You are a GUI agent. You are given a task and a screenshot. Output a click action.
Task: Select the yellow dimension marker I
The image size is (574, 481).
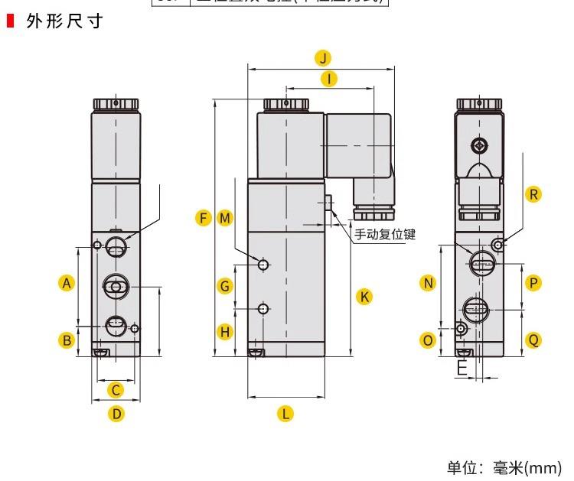pyautogui.click(x=328, y=78)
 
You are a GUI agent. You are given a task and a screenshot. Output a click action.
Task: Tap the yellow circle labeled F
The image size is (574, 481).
pyautogui.click(x=203, y=218)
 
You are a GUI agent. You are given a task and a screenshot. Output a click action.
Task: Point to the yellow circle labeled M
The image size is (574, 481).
pyautogui.click(x=224, y=218)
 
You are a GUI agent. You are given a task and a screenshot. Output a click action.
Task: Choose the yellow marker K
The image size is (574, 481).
pyautogui.click(x=365, y=296)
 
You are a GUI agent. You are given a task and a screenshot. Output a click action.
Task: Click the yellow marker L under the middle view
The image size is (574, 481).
pyautogui.click(x=285, y=414)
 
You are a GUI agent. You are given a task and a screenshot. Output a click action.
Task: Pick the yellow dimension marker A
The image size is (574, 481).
pyautogui.click(x=67, y=283)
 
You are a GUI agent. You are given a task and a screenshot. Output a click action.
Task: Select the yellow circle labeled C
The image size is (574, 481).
pyautogui.click(x=115, y=390)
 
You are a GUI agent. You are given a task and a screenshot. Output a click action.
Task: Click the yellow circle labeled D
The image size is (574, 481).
pyautogui.click(x=116, y=414)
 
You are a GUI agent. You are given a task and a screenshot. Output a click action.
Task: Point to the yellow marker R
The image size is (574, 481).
pyautogui.click(x=533, y=193)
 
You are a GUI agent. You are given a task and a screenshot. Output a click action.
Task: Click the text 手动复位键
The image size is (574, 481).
pyautogui.click(x=384, y=235)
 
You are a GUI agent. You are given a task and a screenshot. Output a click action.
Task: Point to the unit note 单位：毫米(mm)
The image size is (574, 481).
pyautogui.click(x=504, y=467)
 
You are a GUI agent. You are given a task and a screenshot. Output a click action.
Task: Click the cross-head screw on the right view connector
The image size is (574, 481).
pyautogui.click(x=480, y=144)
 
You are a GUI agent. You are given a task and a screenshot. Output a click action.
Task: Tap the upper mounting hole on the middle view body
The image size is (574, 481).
pyautogui.click(x=263, y=265)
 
